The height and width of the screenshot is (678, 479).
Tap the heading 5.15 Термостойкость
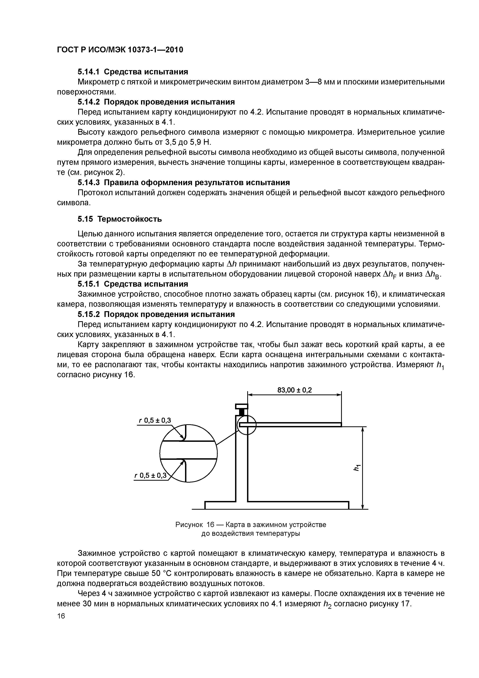point(120,219)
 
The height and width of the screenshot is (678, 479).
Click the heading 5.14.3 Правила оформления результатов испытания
point(183,182)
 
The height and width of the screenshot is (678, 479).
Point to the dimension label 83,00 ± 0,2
point(295,390)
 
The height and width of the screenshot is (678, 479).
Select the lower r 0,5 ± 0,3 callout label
point(150,475)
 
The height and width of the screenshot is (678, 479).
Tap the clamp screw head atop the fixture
point(241,407)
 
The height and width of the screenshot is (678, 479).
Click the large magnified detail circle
point(188,453)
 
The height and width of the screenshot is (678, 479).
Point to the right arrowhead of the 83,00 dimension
point(339,395)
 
